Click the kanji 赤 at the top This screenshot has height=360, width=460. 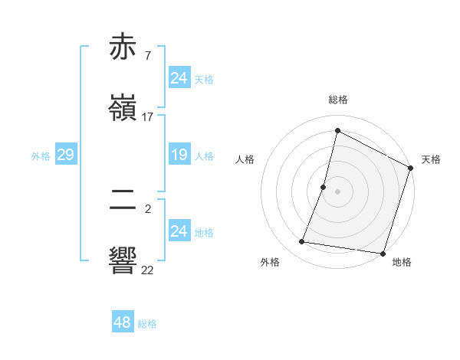(x=124, y=47)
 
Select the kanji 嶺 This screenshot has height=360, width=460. (x=124, y=107)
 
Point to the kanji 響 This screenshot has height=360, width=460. (x=124, y=260)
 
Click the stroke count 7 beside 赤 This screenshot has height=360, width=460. (x=147, y=56)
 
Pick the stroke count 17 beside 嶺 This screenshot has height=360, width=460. (x=148, y=116)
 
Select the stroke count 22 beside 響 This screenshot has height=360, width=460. (x=148, y=269)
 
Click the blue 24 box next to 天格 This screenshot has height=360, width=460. (x=179, y=78)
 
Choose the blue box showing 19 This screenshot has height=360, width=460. (x=179, y=155)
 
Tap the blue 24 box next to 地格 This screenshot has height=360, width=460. (x=179, y=231)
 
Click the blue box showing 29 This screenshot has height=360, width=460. (x=65, y=155)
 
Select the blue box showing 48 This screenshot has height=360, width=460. (x=123, y=322)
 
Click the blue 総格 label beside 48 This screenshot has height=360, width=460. (x=147, y=324)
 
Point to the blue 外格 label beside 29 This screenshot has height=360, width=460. (x=41, y=156)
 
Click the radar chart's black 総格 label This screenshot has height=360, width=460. (x=338, y=100)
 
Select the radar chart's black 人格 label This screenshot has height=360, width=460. (x=245, y=159)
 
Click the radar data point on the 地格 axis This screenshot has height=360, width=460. (x=383, y=254)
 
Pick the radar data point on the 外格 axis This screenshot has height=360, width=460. (x=302, y=242)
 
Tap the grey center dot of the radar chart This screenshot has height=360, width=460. (x=338, y=191)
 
